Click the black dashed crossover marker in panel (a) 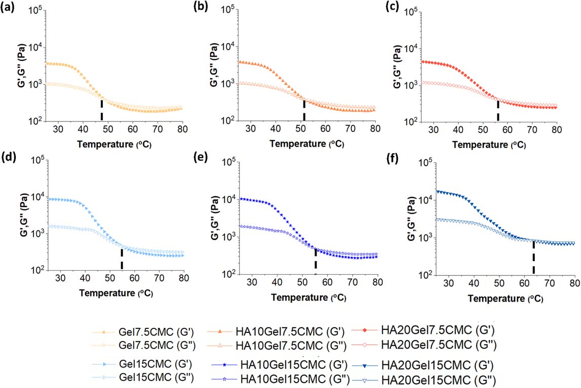[102, 111]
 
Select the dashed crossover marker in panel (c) [498, 111]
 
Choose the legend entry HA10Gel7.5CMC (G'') [287, 346]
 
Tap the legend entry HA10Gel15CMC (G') [287, 364]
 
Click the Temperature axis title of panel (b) [306, 144]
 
